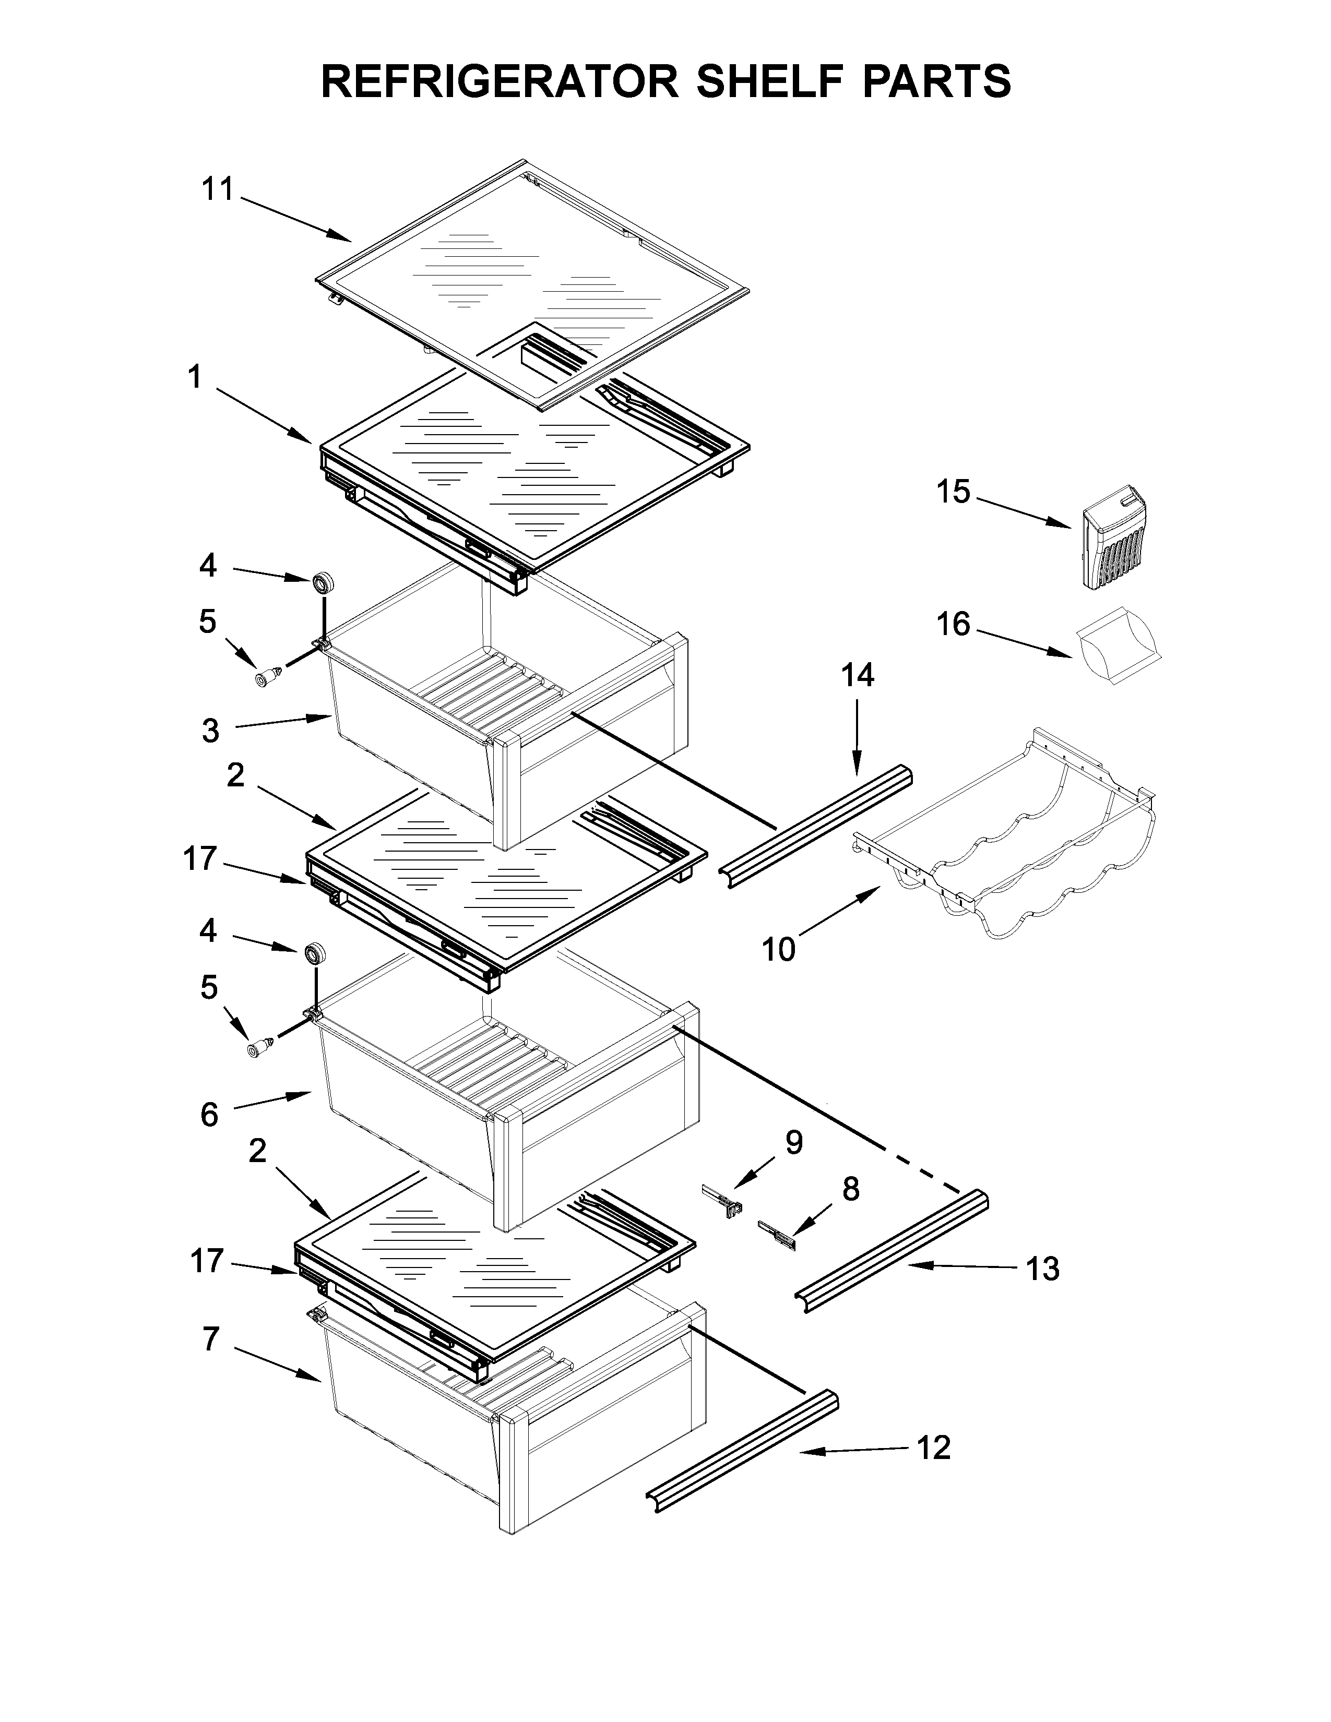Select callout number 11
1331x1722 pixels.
(x=218, y=189)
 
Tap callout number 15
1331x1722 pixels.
(x=953, y=492)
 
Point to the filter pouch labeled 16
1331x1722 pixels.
(x=1118, y=644)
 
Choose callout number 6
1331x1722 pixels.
(x=209, y=1115)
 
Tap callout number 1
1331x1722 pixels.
(x=194, y=378)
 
